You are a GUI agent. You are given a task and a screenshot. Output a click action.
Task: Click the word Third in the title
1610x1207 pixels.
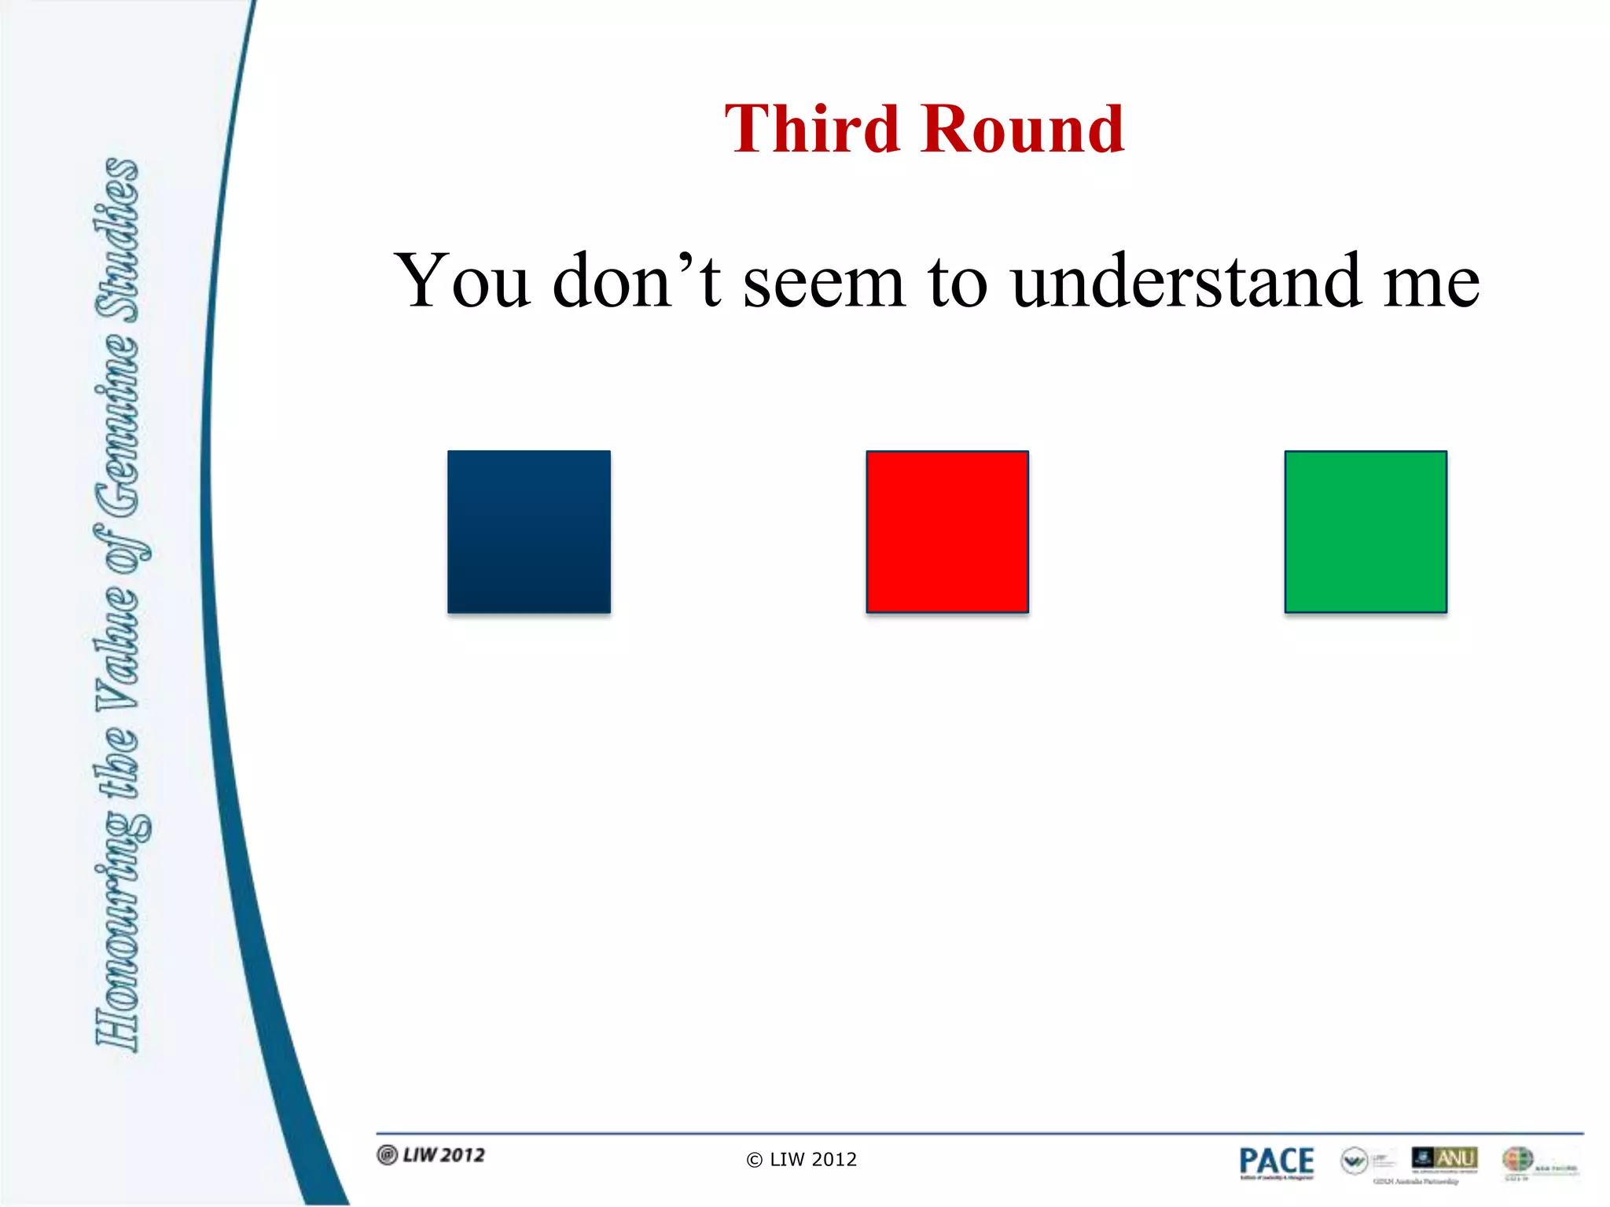pos(811,129)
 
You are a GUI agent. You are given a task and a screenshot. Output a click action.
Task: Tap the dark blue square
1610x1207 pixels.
pos(528,532)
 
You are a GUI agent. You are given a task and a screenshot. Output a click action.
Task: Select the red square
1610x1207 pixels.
pos(947,532)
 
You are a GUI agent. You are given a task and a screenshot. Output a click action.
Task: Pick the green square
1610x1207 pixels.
pos(1366,532)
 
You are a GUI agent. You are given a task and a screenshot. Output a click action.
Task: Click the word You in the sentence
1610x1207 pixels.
pos(462,281)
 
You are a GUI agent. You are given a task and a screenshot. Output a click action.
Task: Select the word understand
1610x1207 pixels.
pos(1186,281)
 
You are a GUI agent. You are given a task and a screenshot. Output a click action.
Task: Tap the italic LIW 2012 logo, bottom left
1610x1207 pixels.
pos(432,1155)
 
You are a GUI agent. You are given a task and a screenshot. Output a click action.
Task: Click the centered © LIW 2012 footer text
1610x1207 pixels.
pos(802,1160)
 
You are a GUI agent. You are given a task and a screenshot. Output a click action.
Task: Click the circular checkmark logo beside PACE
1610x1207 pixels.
pos(1355,1161)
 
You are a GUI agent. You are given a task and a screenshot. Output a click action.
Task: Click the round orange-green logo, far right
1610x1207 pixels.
pos(1517,1159)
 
